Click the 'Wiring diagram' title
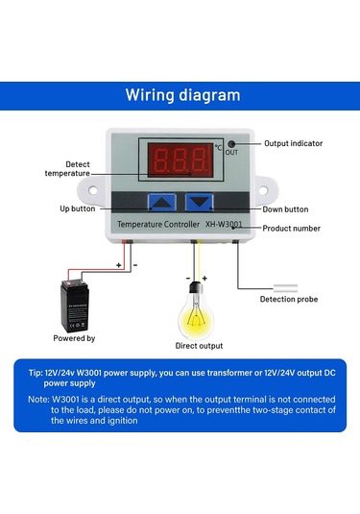[182, 95]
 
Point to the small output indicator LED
[231, 143]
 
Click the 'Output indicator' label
[293, 143]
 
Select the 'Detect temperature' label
[67, 168]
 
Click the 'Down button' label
[285, 208]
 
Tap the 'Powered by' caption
[74, 337]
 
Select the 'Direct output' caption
[199, 345]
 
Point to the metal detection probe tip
[289, 284]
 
